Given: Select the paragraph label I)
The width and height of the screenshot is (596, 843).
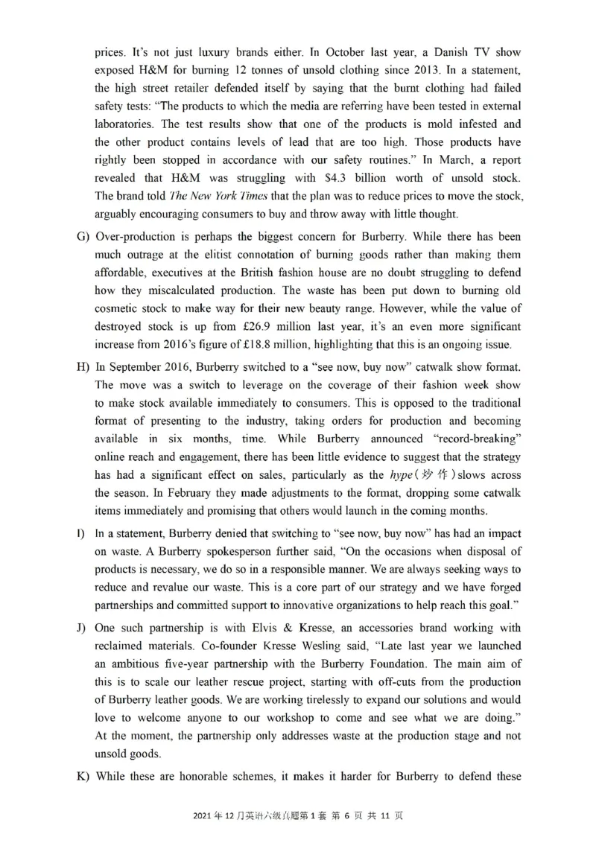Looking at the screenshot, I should [80, 533].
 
